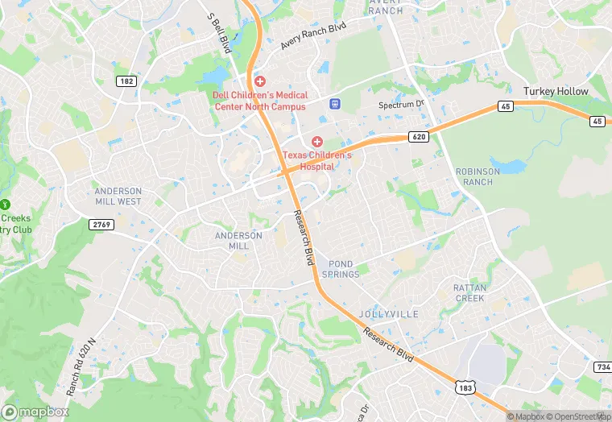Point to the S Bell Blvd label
pos(219,31)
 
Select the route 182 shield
pos(126,81)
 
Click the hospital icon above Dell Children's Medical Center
pos(259,81)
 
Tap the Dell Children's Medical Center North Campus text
pos(259,101)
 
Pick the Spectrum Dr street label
pos(401,105)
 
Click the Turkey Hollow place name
pos(556,92)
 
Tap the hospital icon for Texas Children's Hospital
pos(317,142)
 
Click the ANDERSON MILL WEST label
pos(118,197)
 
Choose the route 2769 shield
pos(101,224)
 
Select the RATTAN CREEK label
pos(469,292)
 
